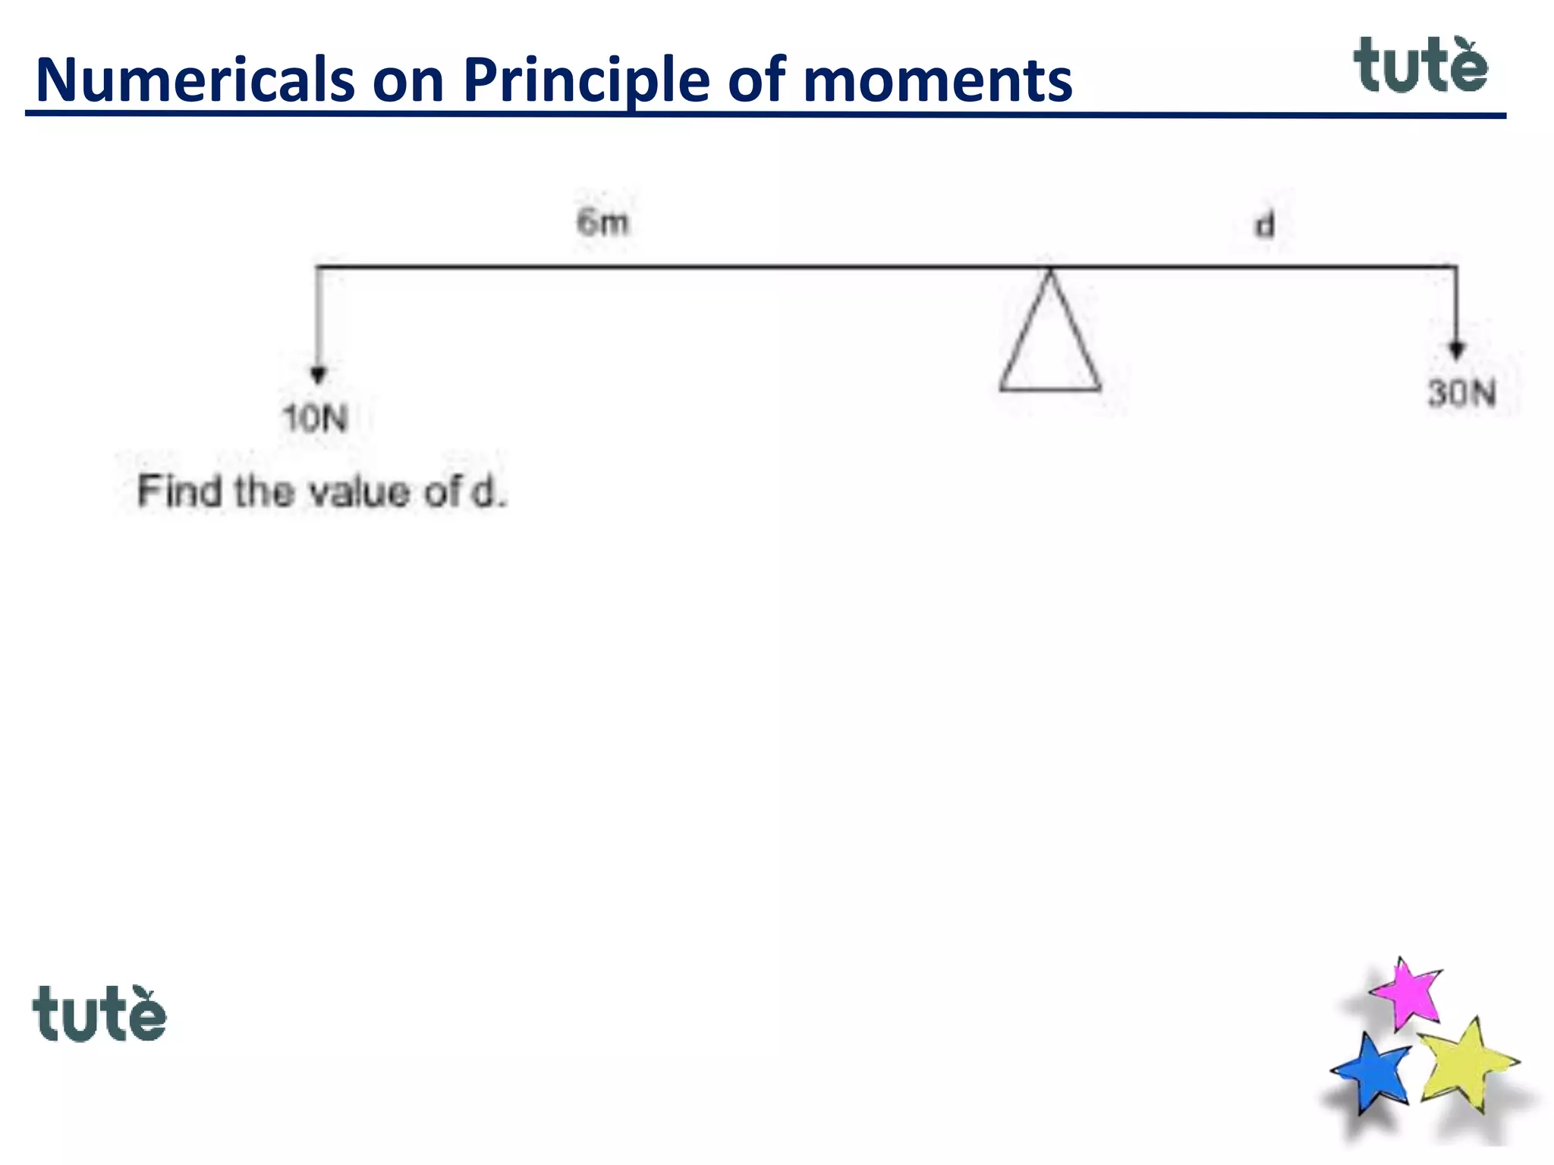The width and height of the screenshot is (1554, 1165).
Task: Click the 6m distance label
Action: point(602,222)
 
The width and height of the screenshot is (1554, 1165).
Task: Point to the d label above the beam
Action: point(1264,225)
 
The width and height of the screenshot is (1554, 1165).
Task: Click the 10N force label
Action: point(315,418)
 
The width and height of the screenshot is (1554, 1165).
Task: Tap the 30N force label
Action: point(1461,394)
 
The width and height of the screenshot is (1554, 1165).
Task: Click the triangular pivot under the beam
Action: point(1050,341)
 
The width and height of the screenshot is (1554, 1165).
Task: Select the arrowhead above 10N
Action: point(319,375)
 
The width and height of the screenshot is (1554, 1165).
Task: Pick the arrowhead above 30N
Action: point(1456,350)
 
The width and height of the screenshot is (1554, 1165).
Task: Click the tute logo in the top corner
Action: point(1420,66)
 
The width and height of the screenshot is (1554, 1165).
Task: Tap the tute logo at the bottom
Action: point(99,1013)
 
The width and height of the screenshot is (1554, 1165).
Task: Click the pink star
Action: point(1408,992)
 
